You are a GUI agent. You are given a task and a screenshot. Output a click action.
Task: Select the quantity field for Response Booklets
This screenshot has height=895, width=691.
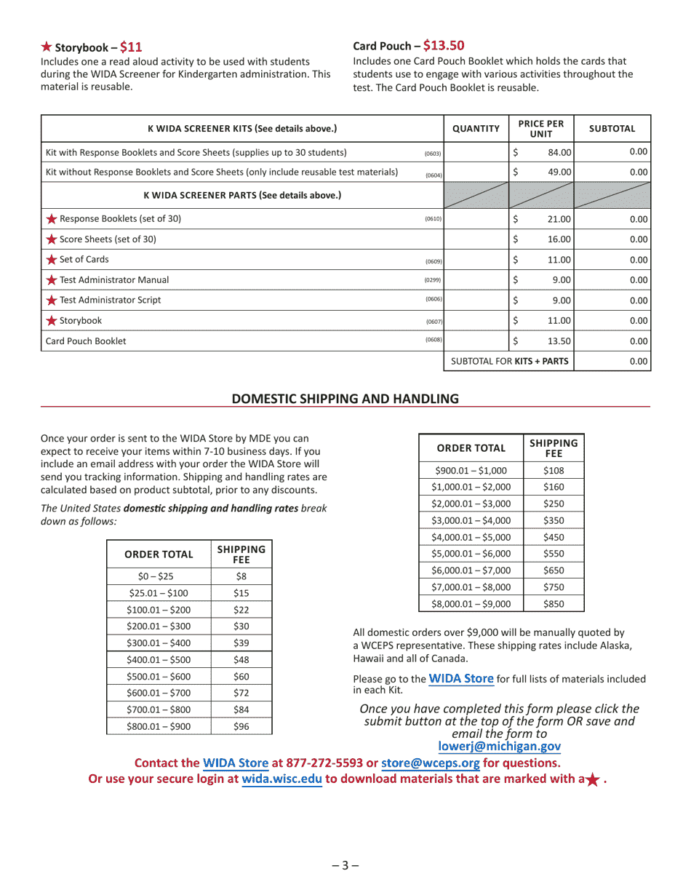pyautogui.click(x=476, y=219)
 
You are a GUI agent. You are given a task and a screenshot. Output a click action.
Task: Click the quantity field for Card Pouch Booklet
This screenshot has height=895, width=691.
pyautogui.click(x=476, y=341)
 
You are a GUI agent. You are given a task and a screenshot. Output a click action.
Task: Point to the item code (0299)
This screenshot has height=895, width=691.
pyautogui.click(x=433, y=281)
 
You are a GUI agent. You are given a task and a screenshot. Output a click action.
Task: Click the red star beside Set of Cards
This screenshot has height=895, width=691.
pyautogui.click(x=52, y=260)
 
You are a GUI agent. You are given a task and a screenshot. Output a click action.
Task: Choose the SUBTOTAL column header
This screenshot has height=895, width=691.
pyautogui.click(x=612, y=129)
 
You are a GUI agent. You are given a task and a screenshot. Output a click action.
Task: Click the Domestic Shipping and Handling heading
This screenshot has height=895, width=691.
pyautogui.click(x=345, y=399)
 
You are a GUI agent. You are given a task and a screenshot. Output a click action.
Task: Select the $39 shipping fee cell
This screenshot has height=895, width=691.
pyautogui.click(x=241, y=643)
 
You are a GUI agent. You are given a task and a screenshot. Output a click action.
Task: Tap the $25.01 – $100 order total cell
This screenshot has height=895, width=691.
pyautogui.click(x=158, y=593)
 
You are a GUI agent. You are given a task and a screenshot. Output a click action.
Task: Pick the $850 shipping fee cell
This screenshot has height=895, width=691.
pyautogui.click(x=553, y=603)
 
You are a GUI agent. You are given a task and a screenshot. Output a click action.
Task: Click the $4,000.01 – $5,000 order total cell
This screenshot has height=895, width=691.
pyautogui.click(x=471, y=537)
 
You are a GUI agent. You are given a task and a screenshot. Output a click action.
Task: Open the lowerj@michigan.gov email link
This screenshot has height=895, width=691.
pyautogui.click(x=499, y=747)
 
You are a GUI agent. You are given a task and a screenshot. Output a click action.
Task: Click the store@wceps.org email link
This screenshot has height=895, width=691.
pyautogui.click(x=430, y=763)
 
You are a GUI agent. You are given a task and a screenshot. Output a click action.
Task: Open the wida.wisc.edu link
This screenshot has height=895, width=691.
pyautogui.click(x=281, y=779)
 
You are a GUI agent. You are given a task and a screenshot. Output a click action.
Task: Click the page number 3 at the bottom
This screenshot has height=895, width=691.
pyautogui.click(x=345, y=865)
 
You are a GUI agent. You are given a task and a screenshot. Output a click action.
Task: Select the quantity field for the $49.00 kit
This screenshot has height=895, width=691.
pyautogui.click(x=476, y=172)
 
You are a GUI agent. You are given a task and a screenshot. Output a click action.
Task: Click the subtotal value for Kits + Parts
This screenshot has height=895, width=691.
pyautogui.click(x=612, y=361)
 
